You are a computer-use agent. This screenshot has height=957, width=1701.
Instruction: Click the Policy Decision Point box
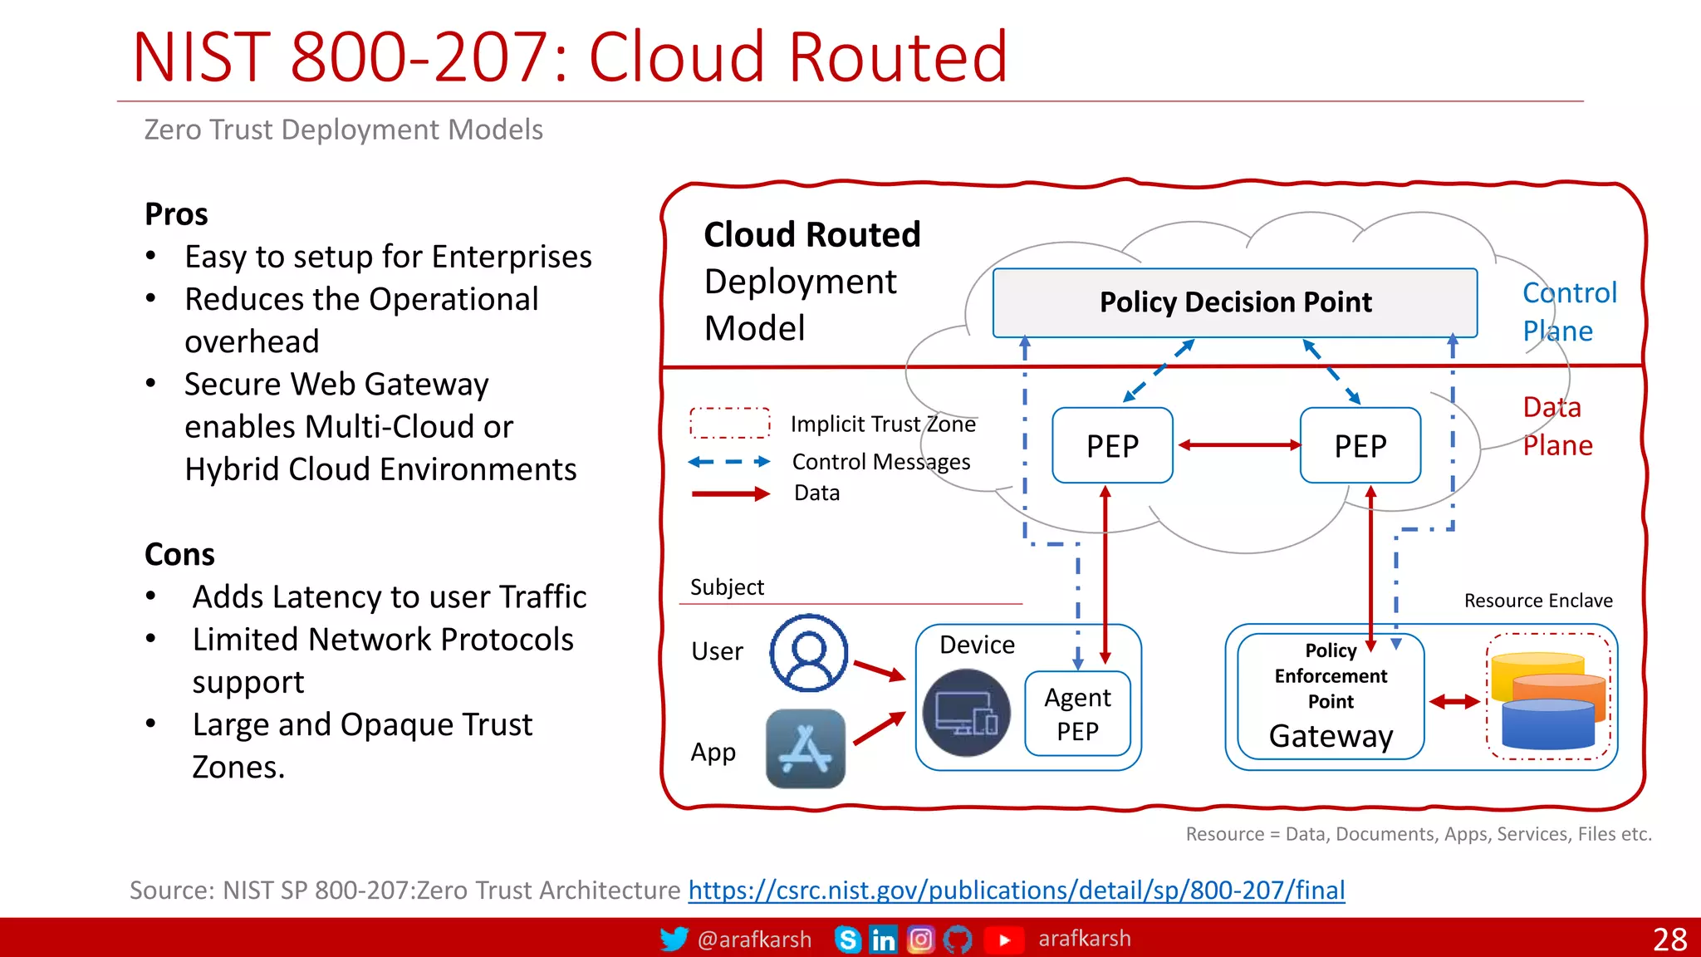(x=1234, y=302)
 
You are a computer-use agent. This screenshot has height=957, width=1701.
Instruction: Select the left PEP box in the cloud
(x=1112, y=446)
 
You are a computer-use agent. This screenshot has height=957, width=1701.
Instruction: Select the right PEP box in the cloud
(x=1360, y=446)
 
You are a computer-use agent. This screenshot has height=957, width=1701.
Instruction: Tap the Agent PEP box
(x=1077, y=714)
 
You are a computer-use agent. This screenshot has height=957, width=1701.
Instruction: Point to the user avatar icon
(x=808, y=653)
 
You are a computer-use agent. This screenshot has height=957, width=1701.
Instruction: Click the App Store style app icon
(x=805, y=748)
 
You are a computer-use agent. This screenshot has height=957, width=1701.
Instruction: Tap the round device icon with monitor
(x=966, y=713)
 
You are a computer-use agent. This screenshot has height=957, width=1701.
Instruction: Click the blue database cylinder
(x=1547, y=725)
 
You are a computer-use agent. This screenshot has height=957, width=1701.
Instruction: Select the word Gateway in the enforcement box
(x=1331, y=737)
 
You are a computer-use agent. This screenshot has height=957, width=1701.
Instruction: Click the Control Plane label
(x=1568, y=312)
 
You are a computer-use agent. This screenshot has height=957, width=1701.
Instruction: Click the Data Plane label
(x=1557, y=426)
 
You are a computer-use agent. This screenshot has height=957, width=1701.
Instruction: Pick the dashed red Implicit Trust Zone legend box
(x=729, y=423)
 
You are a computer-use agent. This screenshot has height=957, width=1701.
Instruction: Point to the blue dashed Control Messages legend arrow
(x=729, y=462)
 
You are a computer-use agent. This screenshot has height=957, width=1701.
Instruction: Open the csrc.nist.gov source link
(x=1016, y=891)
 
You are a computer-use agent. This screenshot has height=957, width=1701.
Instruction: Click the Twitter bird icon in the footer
(x=674, y=939)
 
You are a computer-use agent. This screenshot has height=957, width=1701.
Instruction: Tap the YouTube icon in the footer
(x=1003, y=940)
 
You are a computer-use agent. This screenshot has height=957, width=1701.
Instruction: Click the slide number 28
(x=1669, y=940)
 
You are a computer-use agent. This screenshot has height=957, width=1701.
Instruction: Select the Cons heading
(x=179, y=554)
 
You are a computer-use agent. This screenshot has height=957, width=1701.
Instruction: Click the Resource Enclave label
(x=1537, y=601)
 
